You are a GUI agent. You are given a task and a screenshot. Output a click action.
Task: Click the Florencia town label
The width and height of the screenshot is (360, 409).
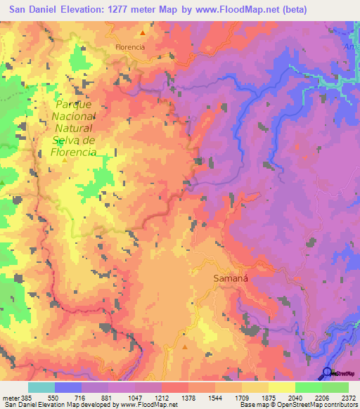(130, 47)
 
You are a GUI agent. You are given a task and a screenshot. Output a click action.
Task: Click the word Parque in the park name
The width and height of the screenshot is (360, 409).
(72, 105)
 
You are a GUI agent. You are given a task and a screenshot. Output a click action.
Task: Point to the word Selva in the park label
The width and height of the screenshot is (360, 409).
(67, 141)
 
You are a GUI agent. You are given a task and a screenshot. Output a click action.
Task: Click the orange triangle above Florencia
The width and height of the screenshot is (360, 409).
(143, 33)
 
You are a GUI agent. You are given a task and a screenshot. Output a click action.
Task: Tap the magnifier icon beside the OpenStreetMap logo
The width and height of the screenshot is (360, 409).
(327, 372)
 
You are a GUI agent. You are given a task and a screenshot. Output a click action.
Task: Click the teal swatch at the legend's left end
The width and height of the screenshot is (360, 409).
(41, 387)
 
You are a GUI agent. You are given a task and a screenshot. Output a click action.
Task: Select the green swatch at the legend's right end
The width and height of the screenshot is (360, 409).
(335, 387)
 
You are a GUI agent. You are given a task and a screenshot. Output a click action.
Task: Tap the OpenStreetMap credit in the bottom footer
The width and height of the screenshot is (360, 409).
(314, 405)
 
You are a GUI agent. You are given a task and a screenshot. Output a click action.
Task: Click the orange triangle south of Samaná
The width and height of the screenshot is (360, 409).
(184, 346)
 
